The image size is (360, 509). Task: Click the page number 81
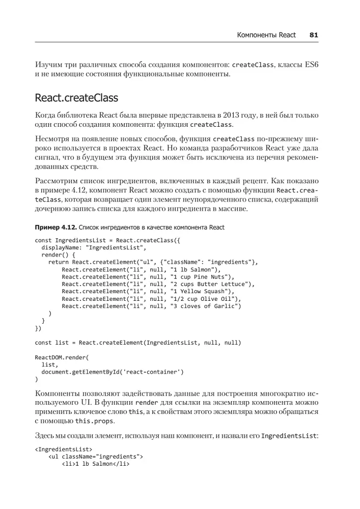pos(314,35)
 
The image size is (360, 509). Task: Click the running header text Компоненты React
pos(266,35)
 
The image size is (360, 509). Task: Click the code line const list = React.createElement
pos(137,343)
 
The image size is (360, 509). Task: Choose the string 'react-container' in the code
pos(154,372)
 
